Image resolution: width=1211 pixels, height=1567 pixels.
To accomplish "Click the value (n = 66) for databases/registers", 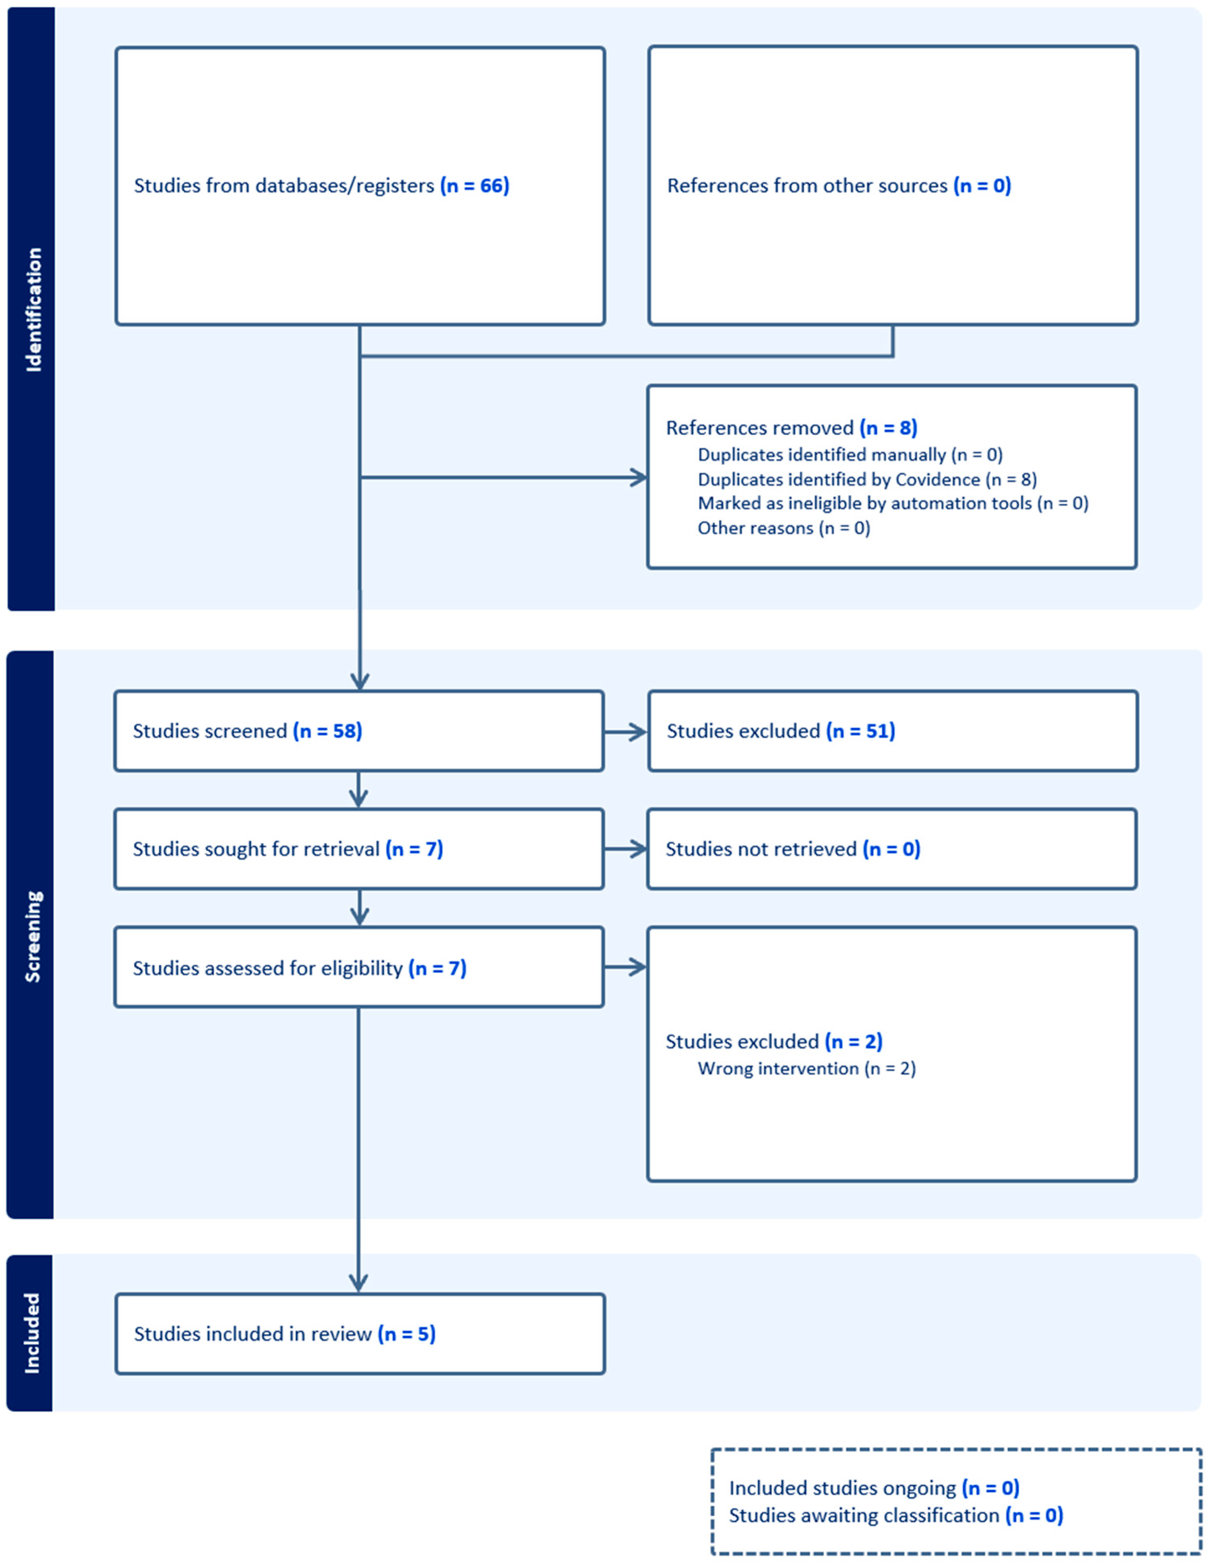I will (x=474, y=186).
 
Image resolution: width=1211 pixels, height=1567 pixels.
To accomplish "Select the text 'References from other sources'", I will (x=807, y=186).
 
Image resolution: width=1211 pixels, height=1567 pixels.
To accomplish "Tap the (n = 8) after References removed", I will (x=888, y=428).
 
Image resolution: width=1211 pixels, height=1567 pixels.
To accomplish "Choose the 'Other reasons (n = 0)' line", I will (x=783, y=528).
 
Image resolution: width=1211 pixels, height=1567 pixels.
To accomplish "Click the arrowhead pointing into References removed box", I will (x=638, y=477).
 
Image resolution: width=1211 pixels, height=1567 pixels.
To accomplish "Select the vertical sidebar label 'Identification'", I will (x=33, y=310).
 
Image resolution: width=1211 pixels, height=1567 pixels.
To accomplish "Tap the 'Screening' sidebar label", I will (x=32, y=936).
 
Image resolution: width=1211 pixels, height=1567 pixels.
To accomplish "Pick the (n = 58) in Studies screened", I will (x=327, y=731).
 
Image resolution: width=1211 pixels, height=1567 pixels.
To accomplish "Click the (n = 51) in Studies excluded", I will (x=860, y=731).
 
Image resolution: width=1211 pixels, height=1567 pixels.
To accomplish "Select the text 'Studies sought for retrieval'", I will (x=256, y=850).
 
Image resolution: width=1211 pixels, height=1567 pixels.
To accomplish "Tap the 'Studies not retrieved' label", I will (x=761, y=850).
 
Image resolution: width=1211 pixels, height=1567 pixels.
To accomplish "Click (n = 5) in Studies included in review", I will (x=406, y=1334).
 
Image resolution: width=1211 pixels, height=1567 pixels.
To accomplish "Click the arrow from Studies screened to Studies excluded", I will (x=626, y=732).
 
